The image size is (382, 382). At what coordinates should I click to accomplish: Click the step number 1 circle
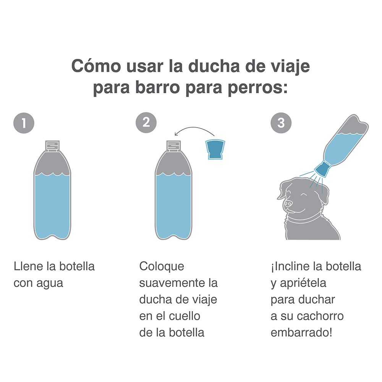pos(24,123)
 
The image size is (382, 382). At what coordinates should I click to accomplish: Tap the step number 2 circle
pos(146,123)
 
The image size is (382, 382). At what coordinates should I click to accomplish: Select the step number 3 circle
pos(281,123)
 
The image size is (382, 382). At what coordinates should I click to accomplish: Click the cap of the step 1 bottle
pos(53,146)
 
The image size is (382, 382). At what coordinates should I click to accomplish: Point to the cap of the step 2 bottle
pos(174,146)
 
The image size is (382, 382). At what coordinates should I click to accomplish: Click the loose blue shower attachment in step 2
pos(215,149)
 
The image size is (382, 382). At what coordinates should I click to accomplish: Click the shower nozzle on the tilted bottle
pos(322,169)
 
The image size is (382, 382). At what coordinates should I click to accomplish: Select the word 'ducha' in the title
pos(214,66)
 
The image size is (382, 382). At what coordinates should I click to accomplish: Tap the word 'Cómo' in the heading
pos(96,66)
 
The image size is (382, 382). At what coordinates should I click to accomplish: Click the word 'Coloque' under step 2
pos(162,267)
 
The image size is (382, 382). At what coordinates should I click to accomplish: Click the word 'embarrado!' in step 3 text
pos(301,333)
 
